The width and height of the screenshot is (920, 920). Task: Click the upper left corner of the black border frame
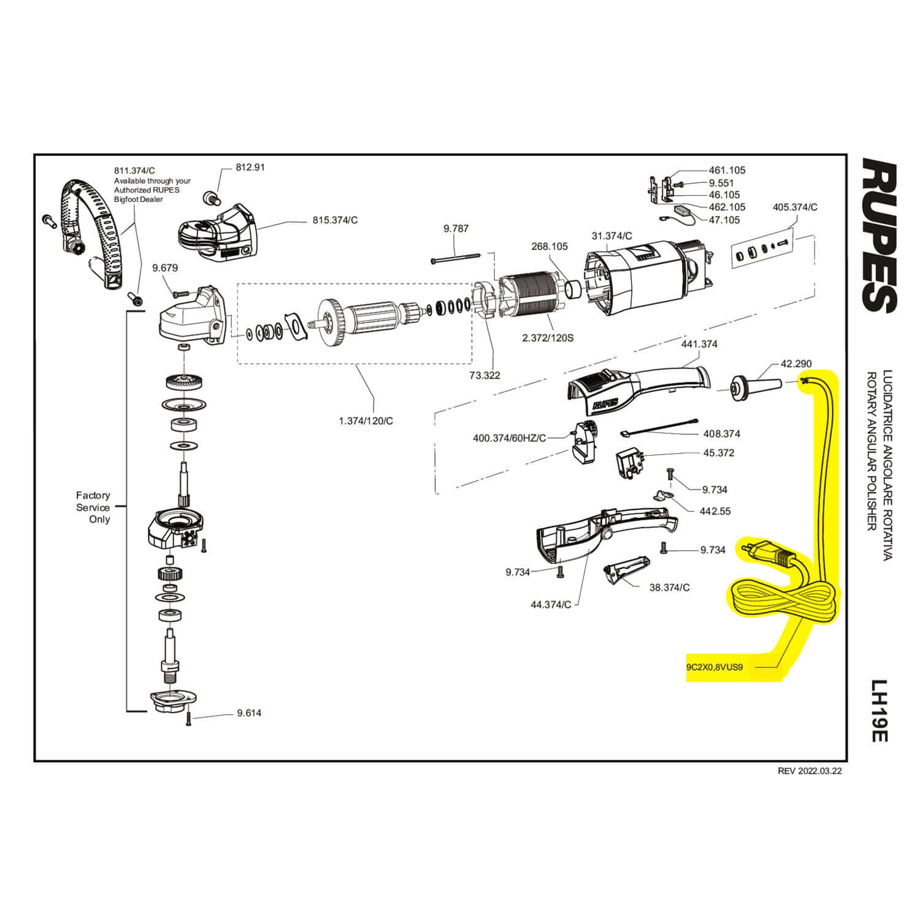[34, 154]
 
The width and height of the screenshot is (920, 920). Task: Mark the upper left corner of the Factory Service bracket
[128, 312]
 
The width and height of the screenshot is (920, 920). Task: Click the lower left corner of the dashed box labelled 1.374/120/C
[238, 364]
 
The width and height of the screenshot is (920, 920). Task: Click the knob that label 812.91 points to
[210, 197]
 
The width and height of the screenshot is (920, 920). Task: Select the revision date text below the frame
[810, 772]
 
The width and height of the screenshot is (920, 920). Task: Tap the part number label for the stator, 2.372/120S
[547, 338]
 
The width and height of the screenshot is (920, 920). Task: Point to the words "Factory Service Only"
[93, 507]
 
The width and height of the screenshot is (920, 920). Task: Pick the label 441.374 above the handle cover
[699, 344]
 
